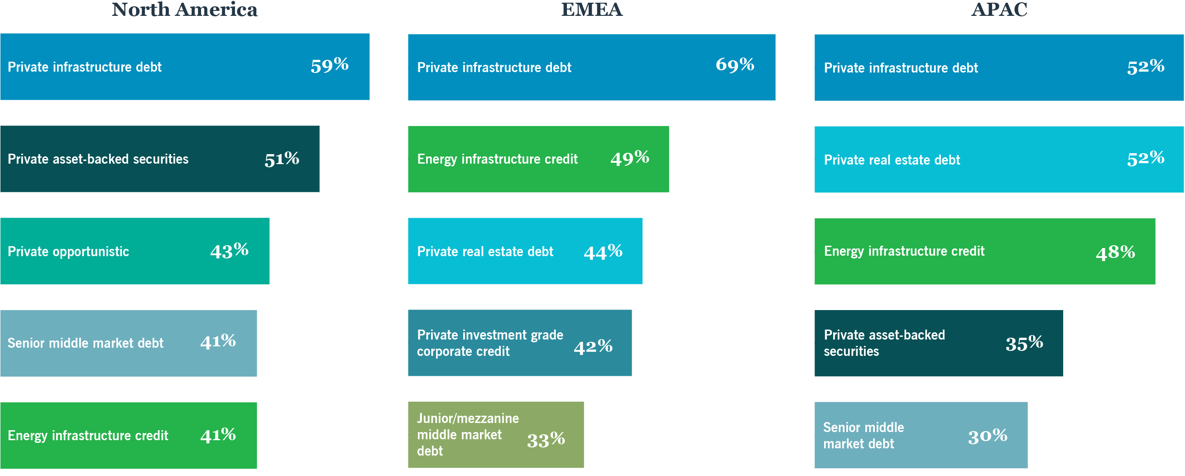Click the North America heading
click(184, 10)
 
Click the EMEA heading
click(591, 10)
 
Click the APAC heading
click(999, 10)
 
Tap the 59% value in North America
click(329, 66)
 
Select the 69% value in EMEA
click(734, 65)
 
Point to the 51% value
click(282, 159)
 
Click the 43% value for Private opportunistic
click(229, 251)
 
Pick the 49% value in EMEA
click(629, 158)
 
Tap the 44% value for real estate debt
click(603, 252)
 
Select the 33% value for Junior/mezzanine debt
click(546, 440)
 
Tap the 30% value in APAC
click(987, 436)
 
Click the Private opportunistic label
click(68, 252)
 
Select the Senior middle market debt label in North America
click(85, 344)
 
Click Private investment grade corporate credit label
click(489, 344)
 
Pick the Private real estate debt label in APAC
click(892, 160)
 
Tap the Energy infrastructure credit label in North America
click(87, 436)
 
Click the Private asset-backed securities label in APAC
click(884, 344)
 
